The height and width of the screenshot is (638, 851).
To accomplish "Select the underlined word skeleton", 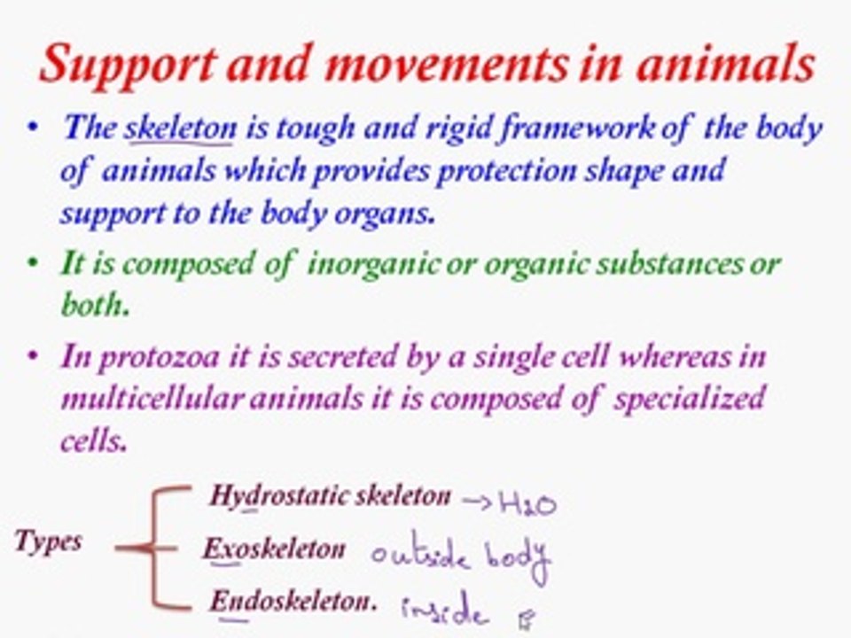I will (x=181, y=129).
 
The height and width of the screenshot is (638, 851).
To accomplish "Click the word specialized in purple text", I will (x=686, y=399).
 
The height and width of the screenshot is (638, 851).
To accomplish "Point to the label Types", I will (x=49, y=541).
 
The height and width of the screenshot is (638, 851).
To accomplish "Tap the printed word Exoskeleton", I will (x=274, y=549).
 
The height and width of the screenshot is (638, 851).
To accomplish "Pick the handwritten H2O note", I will (x=527, y=504).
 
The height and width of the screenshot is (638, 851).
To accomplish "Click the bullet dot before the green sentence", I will (x=33, y=262).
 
